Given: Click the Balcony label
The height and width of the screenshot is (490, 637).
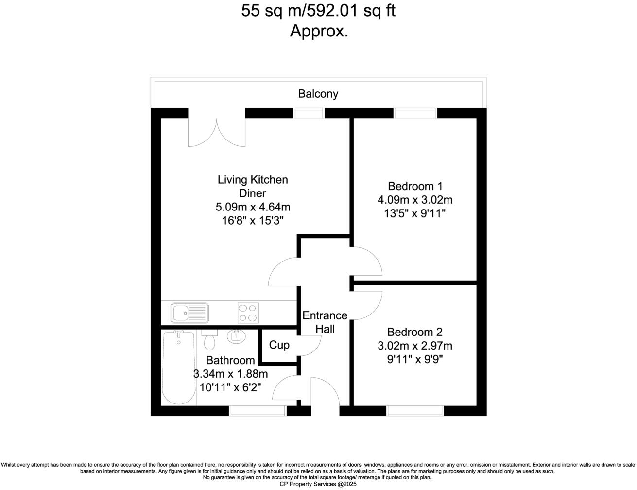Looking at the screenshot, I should coord(318,94).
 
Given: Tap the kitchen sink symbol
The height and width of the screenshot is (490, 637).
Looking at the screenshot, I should coord(189,313).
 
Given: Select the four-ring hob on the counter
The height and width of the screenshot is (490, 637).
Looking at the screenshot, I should coord(248,313).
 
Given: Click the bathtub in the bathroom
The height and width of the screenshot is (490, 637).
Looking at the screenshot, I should coord(178,367).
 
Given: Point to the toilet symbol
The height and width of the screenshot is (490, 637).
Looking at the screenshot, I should coord(209,340).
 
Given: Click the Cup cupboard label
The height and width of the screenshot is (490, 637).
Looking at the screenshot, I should coord(279,345).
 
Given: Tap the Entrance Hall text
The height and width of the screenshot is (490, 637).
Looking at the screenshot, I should coord(325,322).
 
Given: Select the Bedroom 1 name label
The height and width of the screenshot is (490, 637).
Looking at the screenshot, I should coord(415,186).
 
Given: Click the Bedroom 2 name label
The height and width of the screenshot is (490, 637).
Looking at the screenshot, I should coord(414,332).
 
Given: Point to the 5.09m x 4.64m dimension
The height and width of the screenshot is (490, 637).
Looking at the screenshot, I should coord(253,207).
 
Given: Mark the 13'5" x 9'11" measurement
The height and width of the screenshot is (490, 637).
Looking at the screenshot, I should coord(415,213).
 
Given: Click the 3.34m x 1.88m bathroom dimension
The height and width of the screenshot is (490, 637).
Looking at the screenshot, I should coord(230,374).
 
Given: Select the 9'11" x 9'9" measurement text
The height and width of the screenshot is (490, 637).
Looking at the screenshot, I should coord(414,360).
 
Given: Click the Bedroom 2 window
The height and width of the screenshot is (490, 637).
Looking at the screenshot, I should coord(415,411).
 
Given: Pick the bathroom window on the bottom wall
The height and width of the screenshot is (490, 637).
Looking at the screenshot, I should coord(258,411).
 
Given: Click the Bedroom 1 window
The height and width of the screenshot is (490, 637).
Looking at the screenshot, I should coord(415,113).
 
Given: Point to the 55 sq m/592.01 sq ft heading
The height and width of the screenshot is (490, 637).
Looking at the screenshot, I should coord(318,11).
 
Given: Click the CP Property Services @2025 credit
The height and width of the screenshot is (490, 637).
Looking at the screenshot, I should coord(318,484).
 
